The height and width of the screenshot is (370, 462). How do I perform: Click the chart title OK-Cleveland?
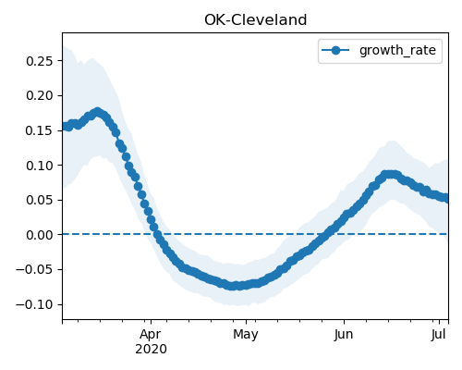point(255,20)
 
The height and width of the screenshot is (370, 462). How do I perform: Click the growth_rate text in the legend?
point(397,50)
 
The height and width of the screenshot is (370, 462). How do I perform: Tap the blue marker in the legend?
point(335,50)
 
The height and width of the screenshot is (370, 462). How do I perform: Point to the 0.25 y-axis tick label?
point(40,61)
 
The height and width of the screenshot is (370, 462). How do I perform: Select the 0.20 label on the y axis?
point(40,96)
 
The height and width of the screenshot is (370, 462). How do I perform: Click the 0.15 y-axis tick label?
point(40,130)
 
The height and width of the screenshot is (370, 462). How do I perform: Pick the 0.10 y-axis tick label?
point(40,166)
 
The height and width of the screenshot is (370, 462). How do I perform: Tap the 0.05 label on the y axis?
point(40,201)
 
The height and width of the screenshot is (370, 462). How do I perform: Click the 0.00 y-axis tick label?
point(40,235)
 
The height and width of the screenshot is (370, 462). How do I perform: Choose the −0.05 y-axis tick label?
point(34,270)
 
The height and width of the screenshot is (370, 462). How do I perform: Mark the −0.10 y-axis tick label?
point(34,305)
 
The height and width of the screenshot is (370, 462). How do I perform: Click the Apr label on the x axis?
point(151,335)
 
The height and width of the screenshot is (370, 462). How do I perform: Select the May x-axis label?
point(246,335)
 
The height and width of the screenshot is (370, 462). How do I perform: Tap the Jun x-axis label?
point(344,335)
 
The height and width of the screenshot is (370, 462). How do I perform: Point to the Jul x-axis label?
point(438,335)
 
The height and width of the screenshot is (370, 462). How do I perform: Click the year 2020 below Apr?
point(151,350)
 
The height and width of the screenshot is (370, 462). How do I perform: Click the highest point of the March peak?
point(98,112)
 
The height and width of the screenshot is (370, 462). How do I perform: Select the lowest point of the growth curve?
point(235,286)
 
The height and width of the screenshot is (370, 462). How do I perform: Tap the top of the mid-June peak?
point(390,174)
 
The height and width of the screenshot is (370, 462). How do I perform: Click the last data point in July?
point(446,198)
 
